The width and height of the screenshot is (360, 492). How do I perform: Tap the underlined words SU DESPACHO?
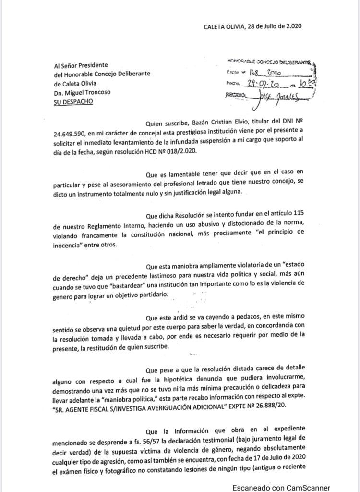coord(73,101)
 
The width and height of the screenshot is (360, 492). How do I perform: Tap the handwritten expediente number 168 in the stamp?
coord(255,73)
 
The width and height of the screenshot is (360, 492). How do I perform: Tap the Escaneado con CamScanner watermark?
coord(281,487)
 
